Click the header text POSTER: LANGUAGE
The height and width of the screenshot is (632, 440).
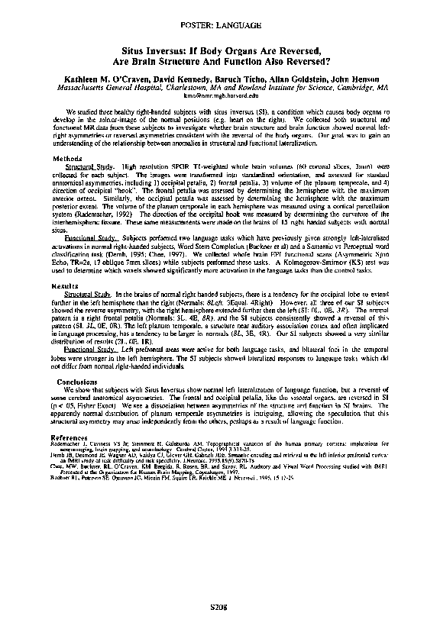coord(220,25)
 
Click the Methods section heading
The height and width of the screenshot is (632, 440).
coord(66,137)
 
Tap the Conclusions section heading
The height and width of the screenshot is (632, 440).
coord(76,381)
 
